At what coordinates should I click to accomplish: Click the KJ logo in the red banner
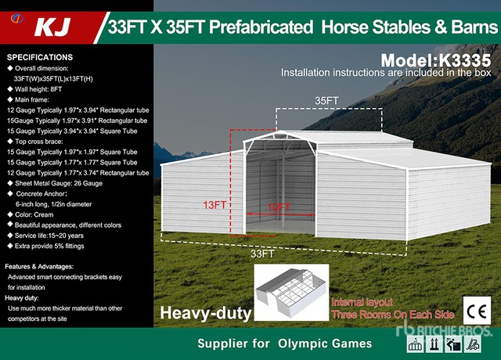[51, 28]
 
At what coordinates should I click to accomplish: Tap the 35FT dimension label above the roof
[327, 101]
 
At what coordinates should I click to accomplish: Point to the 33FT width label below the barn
[262, 253]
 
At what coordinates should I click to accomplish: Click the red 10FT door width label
[279, 207]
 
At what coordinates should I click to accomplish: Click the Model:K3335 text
[436, 59]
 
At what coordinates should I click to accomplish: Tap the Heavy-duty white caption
[206, 314]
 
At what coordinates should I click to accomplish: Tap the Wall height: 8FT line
[39, 89]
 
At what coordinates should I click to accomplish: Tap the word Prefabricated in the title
[256, 28]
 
